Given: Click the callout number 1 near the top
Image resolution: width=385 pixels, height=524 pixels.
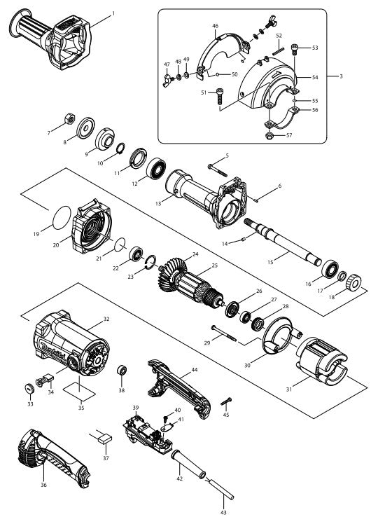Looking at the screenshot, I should [x=113, y=13].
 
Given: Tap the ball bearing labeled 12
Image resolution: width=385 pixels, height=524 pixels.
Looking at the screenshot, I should [x=156, y=170].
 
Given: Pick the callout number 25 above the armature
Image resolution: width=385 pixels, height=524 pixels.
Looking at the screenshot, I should [x=214, y=266].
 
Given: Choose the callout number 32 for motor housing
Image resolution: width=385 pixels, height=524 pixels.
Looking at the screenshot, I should [x=106, y=319].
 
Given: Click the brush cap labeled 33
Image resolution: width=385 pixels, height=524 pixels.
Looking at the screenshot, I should [x=31, y=388].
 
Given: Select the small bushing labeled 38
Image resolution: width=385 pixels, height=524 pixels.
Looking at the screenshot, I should [x=121, y=369].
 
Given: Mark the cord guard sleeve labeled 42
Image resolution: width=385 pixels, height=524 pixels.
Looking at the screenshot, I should [x=185, y=465].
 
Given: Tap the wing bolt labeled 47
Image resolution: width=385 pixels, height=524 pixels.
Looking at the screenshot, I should [x=167, y=75].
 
